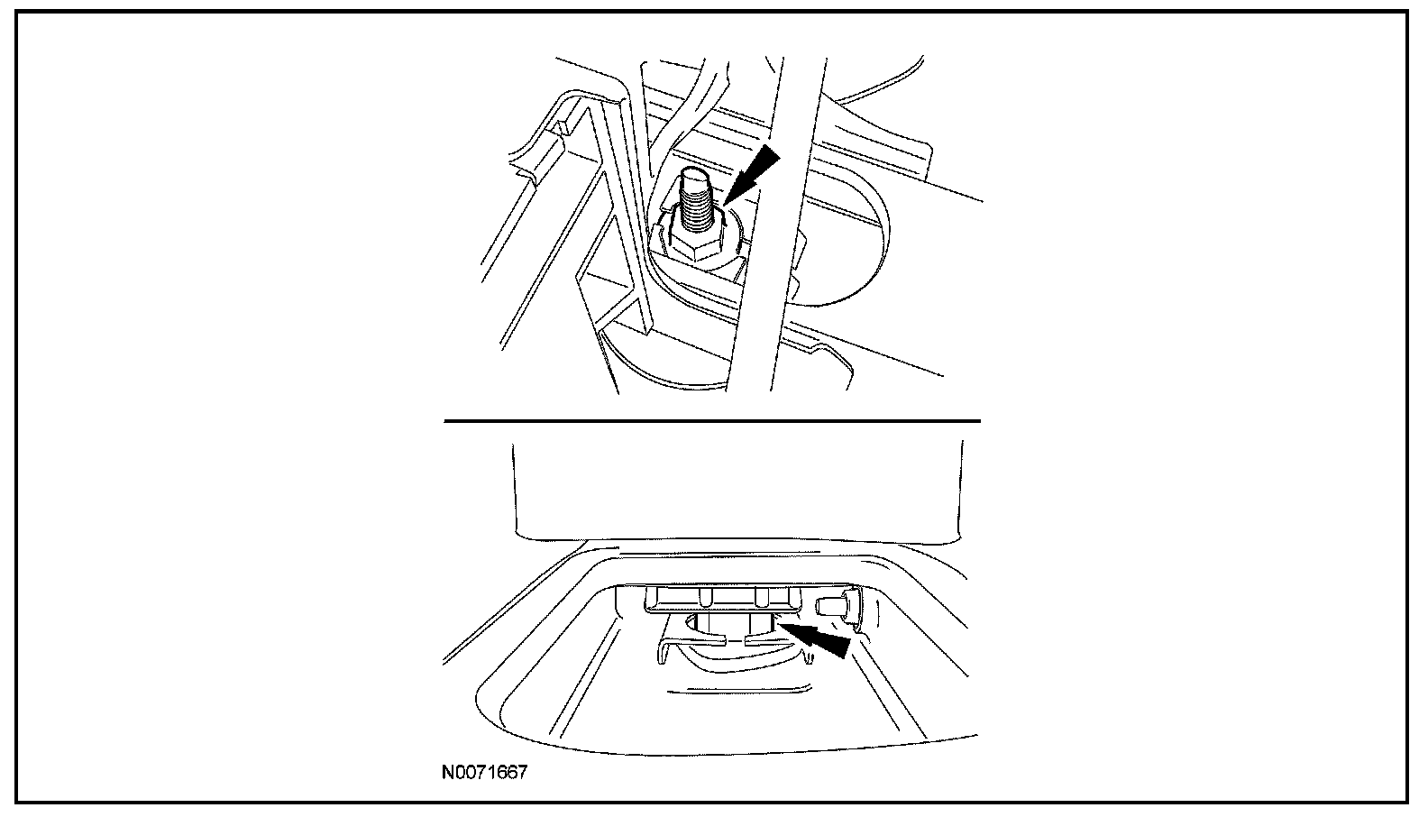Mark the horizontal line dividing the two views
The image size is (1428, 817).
pos(712,421)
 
